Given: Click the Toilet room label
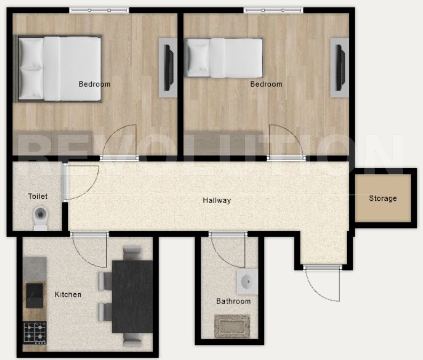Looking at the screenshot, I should (37, 197).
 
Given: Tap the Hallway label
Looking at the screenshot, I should (216, 201).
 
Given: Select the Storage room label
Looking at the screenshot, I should (383, 199).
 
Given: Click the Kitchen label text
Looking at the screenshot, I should (68, 294).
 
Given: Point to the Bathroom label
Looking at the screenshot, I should (233, 301).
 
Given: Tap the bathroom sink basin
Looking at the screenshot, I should (247, 281).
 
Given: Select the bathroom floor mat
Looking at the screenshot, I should (232, 326).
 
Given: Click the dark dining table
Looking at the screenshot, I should (132, 295).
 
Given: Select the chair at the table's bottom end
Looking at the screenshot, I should (132, 338).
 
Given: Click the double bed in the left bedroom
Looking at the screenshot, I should (59, 68).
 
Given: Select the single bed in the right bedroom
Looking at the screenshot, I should (224, 57).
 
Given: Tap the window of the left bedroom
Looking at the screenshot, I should (99, 10).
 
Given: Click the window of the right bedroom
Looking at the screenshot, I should (273, 10).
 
